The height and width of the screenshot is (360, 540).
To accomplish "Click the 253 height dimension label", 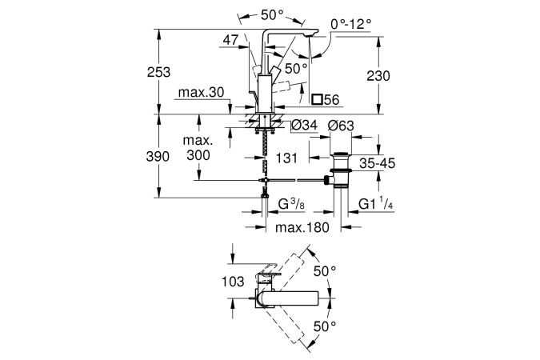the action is coord(158,72).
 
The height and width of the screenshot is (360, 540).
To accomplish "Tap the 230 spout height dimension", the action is coord(378,76).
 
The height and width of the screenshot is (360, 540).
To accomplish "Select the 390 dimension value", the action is coord(158,157).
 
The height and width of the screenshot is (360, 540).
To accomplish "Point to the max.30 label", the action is coord(201,92).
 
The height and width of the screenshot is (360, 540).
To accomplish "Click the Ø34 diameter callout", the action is coord(304,125).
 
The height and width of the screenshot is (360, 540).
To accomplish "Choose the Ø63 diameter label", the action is coord(341,126).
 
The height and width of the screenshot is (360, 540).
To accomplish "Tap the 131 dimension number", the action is coord(286,158).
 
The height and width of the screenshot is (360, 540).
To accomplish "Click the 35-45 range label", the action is coord(378,163).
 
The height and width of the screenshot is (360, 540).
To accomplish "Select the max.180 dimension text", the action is coord(302,227).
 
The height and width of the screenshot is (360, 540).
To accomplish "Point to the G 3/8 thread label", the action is coord(291,204).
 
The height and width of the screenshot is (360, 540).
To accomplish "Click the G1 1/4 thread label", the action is coord(375,203).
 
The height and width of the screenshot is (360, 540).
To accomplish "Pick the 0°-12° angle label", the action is coord(351,24).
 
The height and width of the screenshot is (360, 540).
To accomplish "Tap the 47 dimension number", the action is coord(230,40).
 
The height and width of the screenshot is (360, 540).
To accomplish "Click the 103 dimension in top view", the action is coord(233,282).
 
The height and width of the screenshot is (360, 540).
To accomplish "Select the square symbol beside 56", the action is coord(317,99).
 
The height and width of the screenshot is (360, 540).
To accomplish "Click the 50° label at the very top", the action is coord(272,14).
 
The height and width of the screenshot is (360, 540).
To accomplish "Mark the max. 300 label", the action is coord(198,148).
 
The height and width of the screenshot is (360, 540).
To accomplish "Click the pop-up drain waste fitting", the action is coord(339,170).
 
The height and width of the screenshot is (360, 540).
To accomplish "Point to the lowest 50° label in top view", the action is coord(325,326).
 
